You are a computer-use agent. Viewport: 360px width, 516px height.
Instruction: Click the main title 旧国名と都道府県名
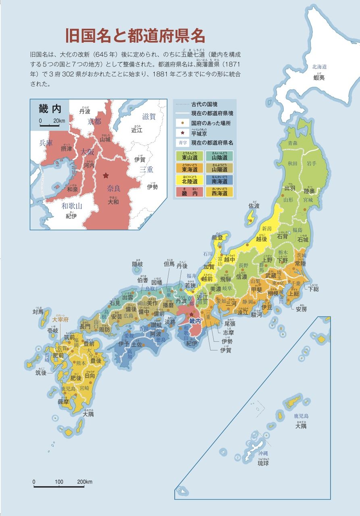pyautogui.click(x=135, y=36)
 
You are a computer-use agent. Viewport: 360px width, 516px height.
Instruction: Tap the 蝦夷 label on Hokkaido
pyautogui.click(x=319, y=78)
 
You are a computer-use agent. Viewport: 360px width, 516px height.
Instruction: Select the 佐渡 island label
pyautogui.click(x=254, y=206)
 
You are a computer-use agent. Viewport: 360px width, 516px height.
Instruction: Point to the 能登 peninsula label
pyautogui.click(x=217, y=238)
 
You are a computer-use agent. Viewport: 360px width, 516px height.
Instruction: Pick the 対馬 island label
pyautogui.click(x=38, y=311)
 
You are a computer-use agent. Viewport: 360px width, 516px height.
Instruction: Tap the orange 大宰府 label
pyautogui.click(x=61, y=319)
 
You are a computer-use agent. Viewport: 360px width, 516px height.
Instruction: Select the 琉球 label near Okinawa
pyautogui.click(x=263, y=463)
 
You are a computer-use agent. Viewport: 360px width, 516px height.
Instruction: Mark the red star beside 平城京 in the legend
pyautogui.click(x=183, y=133)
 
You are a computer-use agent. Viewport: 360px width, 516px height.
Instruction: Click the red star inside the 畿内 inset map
pyautogui.click(x=106, y=175)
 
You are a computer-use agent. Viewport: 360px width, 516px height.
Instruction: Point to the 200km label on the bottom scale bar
pyautogui.click(x=85, y=482)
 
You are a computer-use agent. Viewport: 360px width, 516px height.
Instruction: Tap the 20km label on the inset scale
pyautogui.click(x=59, y=121)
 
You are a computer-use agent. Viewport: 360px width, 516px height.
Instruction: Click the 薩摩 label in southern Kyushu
pyautogui.click(x=64, y=402)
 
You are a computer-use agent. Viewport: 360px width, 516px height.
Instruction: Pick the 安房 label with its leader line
pyautogui.click(x=301, y=310)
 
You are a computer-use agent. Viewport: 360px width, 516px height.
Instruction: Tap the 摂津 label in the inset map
pyautogui.click(x=66, y=149)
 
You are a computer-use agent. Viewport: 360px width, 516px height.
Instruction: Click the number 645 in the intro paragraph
pyautogui.click(x=103, y=54)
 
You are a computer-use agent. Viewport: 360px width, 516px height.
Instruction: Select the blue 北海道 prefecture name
pyautogui.click(x=319, y=67)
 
